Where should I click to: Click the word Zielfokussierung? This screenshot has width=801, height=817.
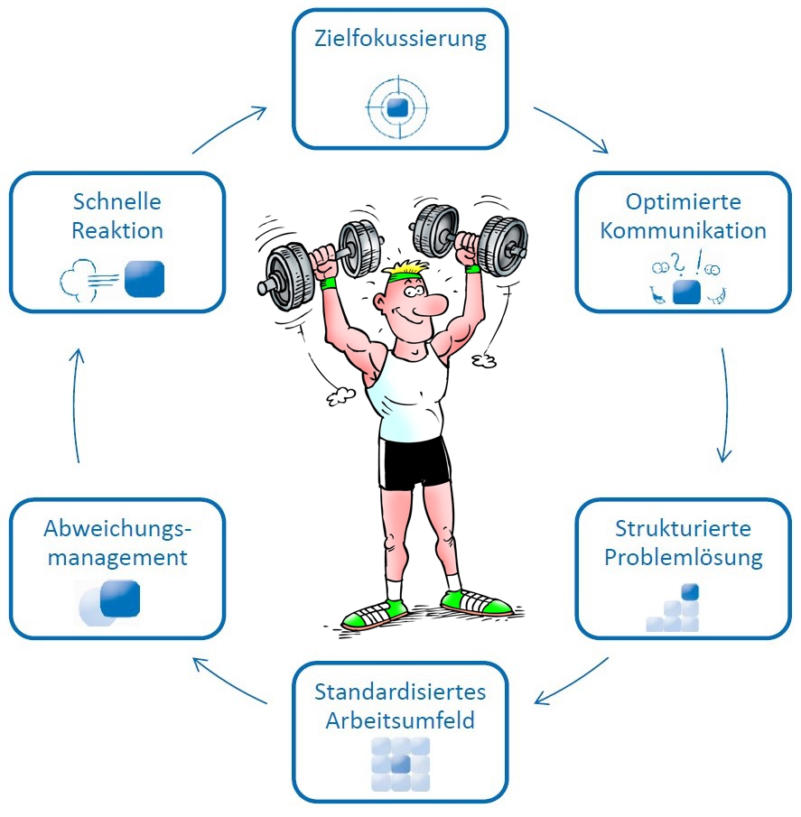point(400,39)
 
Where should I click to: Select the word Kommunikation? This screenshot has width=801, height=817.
point(683,230)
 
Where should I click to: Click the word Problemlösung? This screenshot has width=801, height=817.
point(684,557)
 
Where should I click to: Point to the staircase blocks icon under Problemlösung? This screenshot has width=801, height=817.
point(675,608)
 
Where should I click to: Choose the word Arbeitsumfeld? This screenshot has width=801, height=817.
point(400,721)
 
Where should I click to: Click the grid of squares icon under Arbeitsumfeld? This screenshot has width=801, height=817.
point(400,765)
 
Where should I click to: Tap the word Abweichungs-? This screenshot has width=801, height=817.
point(118,529)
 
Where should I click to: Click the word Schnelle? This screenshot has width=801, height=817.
point(118,201)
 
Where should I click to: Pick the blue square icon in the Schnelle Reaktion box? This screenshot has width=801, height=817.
point(144,278)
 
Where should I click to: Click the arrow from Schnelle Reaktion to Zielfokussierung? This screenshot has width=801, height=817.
point(229,129)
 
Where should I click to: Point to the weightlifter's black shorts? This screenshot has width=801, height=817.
point(414,462)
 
